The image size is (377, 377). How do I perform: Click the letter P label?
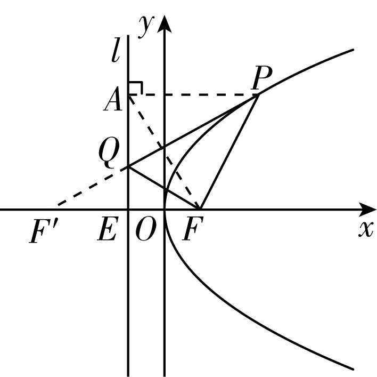[x=261, y=77]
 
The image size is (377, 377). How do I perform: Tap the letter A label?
[x=112, y=99]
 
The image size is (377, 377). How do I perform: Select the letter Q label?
[x=109, y=154]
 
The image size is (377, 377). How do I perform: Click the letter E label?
[x=108, y=229]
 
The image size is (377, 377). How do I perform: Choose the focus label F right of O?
[x=193, y=229]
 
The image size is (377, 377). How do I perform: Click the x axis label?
[x=366, y=229]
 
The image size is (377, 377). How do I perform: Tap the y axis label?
[x=146, y=27]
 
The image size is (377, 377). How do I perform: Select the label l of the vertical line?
[x=116, y=50]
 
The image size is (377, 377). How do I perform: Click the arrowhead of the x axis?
[x=367, y=210]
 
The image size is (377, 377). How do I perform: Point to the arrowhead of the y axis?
[x=164, y=23]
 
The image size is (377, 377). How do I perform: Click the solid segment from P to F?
[x=230, y=151]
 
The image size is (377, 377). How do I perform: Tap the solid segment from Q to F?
[x=164, y=188]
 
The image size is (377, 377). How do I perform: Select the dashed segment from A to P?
[x=193, y=95]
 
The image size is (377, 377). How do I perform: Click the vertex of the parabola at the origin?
[x=165, y=210]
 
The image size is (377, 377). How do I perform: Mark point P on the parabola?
[x=258, y=94]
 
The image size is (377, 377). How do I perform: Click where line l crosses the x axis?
[x=128, y=210]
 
